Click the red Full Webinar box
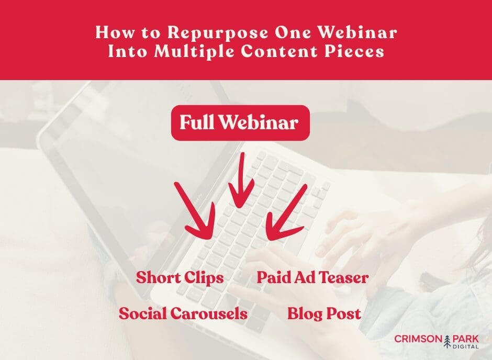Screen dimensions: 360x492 240,123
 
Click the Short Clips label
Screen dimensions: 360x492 180,278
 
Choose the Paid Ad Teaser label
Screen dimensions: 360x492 312,278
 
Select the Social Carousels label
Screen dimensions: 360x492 183,314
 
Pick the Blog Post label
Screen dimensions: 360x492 324,314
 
